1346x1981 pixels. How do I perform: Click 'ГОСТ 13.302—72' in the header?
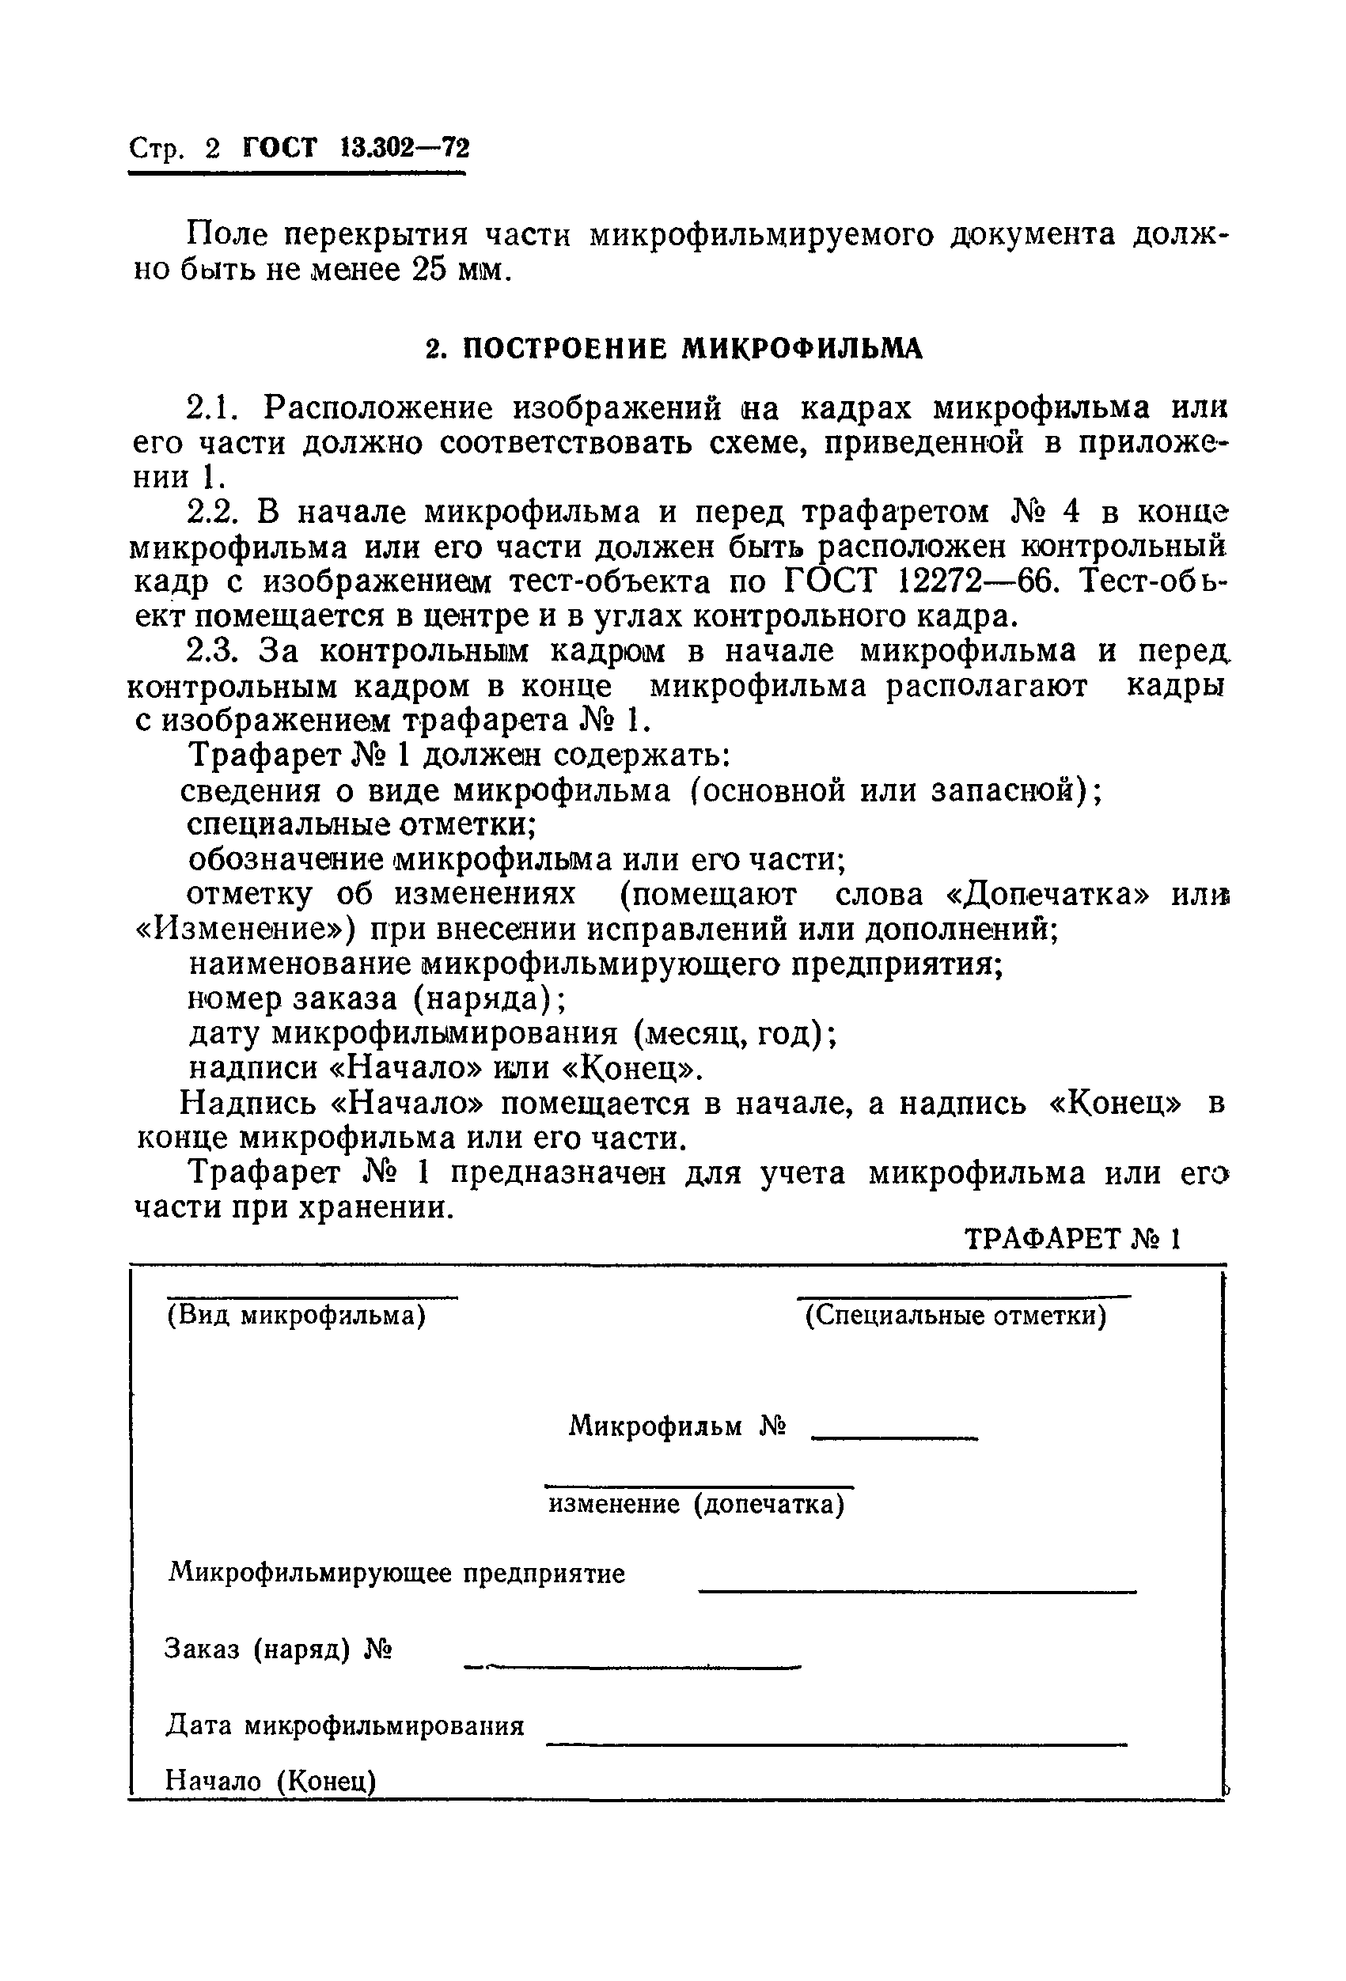point(355,150)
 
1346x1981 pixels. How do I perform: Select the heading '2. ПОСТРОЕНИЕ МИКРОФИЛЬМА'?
point(673,348)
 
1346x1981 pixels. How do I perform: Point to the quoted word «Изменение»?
point(246,929)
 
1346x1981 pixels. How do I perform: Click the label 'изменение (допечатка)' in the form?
point(696,1505)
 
